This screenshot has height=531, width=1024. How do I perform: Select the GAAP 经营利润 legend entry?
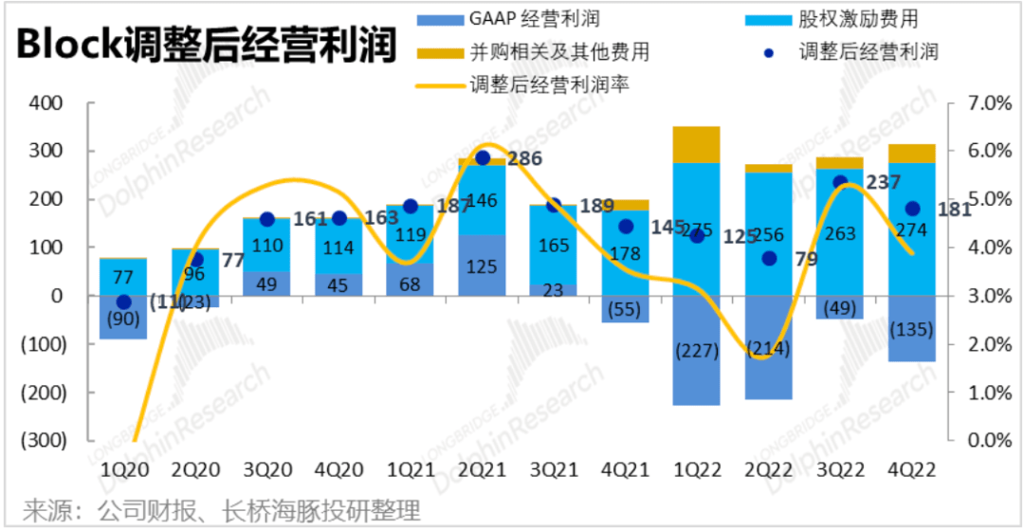tap(521, 19)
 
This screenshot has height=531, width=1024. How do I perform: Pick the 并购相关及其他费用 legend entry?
tap(544, 51)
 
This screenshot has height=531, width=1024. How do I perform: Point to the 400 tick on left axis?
tap(47, 103)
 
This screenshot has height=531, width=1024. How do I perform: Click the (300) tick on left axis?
tap(41, 441)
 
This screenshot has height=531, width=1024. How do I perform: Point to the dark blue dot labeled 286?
tap(482, 158)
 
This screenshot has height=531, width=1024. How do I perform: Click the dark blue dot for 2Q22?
tap(770, 258)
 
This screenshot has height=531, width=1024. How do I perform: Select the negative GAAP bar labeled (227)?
tap(697, 350)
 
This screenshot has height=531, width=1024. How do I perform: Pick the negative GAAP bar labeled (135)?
tap(912, 328)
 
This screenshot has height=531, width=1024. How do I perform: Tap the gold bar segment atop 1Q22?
tap(697, 144)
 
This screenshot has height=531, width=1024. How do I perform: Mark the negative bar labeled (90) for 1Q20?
tap(123, 318)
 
